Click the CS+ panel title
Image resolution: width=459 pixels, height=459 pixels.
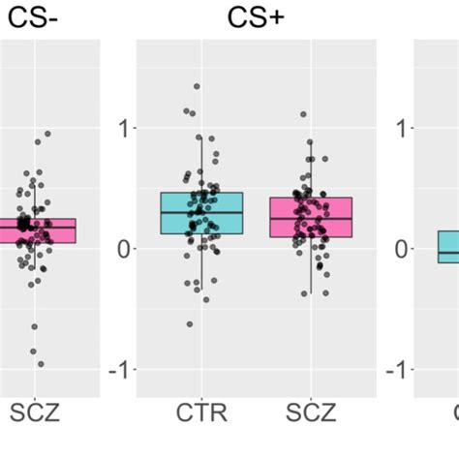pos(256,16)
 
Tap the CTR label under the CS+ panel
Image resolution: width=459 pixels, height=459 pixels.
pos(201,414)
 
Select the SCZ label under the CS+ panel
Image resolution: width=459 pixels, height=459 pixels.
pos(312,414)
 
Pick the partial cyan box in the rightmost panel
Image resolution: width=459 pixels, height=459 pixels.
pos(447,246)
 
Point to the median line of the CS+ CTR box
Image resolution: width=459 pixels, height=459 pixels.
pos(201,212)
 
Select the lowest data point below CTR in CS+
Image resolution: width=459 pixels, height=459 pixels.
pos(190,323)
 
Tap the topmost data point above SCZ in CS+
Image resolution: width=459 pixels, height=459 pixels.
pos(303,114)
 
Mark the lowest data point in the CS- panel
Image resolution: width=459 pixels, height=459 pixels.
pos(41,363)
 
